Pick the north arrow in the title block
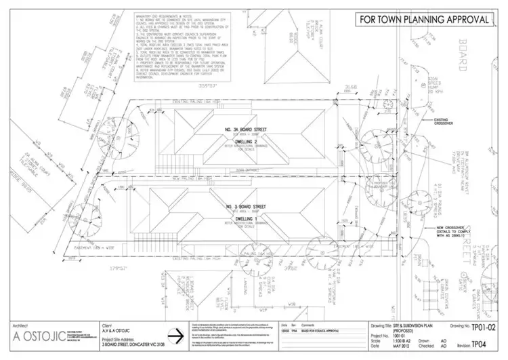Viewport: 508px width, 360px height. point(180,336)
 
